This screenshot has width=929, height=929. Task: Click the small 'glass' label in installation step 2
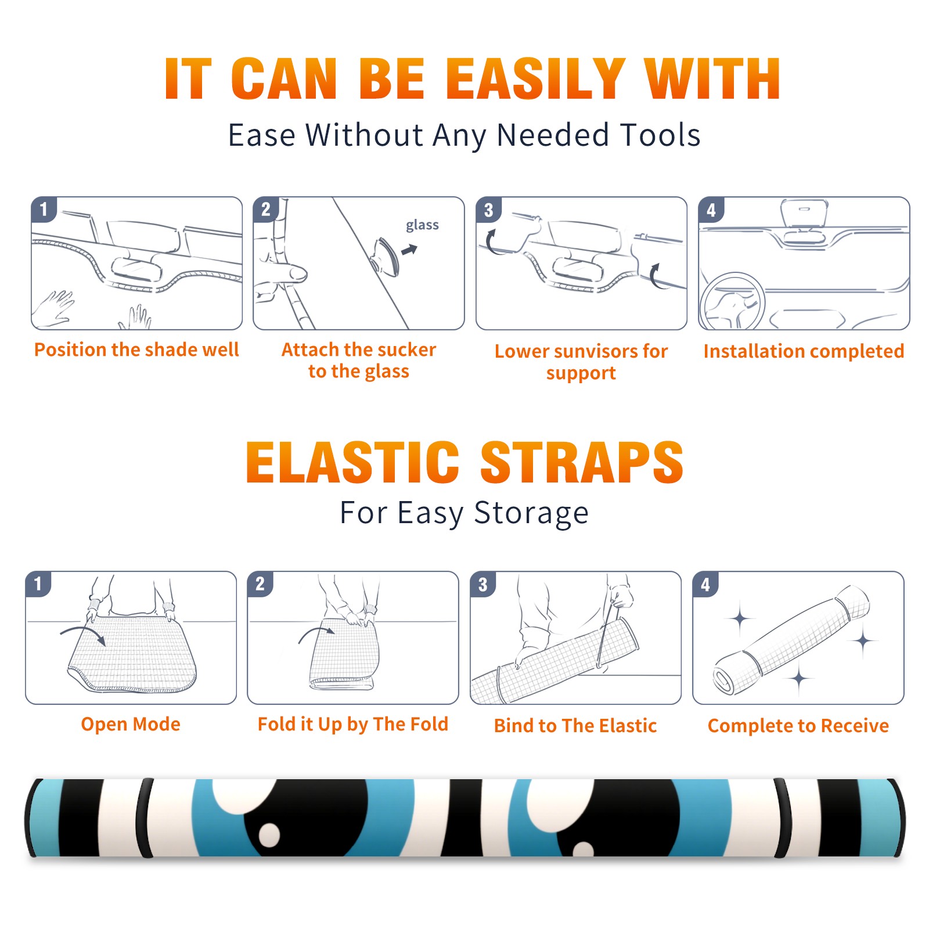tap(422, 225)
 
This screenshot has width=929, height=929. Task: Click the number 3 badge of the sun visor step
tap(488, 210)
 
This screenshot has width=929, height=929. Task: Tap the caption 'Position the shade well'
tap(136, 350)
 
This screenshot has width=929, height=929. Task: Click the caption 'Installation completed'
tap(804, 351)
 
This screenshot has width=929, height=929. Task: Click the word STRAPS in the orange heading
tap(582, 462)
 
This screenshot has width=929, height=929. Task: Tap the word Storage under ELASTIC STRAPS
tap(531, 513)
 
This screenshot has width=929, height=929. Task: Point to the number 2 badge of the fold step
tap(260, 584)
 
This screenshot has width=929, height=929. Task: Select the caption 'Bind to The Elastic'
tap(575, 725)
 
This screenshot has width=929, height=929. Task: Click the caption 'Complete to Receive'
tap(798, 725)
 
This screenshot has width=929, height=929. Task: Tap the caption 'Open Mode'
tap(131, 724)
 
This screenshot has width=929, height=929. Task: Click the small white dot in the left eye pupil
tap(269, 834)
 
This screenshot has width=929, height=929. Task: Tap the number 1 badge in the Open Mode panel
tap(38, 584)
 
